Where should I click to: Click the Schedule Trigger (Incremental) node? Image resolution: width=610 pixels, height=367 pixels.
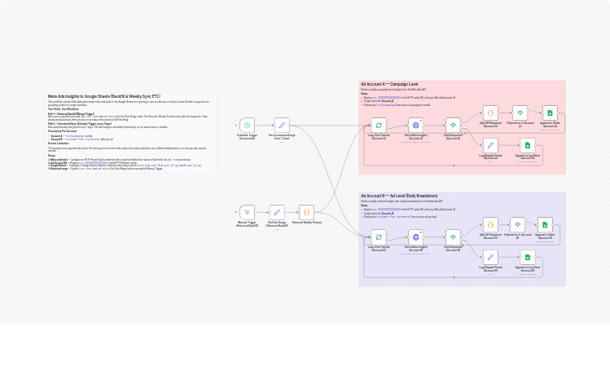[247, 125]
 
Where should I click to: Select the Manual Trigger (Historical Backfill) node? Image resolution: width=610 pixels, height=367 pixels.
[247, 212]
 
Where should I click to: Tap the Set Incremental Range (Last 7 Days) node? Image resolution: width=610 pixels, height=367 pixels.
[282, 125]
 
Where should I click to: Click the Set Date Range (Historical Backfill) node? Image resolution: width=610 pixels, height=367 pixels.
[277, 212]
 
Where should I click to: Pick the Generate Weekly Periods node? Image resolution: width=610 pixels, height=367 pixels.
[306, 212]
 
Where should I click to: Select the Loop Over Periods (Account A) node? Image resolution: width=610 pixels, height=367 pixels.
[379, 125]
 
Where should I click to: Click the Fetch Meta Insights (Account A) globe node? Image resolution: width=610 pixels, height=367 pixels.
[415, 125]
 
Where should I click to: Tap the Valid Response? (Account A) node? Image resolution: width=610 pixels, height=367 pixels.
[453, 125]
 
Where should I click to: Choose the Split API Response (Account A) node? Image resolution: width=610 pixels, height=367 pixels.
[490, 113]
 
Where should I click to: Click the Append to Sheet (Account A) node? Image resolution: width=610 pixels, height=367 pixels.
[550, 113]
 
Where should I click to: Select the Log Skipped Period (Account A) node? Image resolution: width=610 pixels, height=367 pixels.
[490, 144]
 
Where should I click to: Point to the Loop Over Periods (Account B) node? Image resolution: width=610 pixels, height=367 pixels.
[379, 237]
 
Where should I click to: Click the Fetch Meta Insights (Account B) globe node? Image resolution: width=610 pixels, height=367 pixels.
[415, 237]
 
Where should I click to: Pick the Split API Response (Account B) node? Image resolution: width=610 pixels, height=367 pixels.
[490, 224]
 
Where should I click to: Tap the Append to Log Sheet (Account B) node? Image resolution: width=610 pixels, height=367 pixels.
[527, 257]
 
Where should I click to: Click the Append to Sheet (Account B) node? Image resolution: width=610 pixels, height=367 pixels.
[545, 224]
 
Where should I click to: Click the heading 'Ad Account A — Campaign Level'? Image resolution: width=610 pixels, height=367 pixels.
[389, 84]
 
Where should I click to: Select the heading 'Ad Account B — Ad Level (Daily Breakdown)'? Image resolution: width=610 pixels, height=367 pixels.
[399, 196]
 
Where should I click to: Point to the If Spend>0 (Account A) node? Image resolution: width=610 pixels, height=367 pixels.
[520, 113]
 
